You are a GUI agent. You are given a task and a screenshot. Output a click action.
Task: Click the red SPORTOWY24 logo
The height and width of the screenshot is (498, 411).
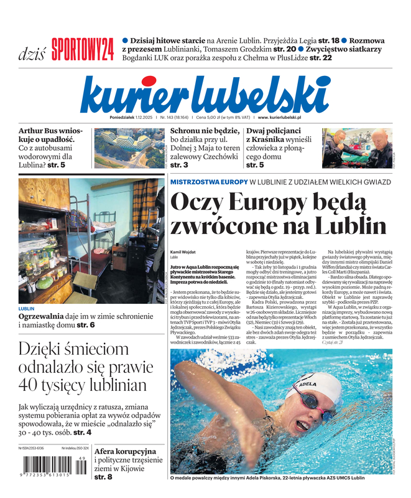[x=83, y=49]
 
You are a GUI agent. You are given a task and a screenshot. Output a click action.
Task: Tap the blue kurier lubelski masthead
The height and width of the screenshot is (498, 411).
[x=205, y=95]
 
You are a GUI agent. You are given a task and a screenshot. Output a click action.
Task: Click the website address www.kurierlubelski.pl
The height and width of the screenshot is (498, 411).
[x=279, y=117]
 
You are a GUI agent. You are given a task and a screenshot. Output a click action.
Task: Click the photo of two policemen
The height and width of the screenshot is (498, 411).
[x=357, y=148]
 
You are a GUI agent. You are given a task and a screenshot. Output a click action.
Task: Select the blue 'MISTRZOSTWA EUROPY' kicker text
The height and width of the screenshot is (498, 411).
[x=208, y=182]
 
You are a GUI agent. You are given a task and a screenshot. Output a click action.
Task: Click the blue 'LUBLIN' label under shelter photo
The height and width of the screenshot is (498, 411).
[x=27, y=309]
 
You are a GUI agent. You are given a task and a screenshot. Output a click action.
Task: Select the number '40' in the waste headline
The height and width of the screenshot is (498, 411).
[x=30, y=385]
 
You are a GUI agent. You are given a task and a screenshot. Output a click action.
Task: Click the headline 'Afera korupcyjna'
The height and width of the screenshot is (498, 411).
[x=126, y=451]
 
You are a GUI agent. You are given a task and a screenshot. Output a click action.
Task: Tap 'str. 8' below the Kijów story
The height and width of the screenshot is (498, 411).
[x=103, y=477]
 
